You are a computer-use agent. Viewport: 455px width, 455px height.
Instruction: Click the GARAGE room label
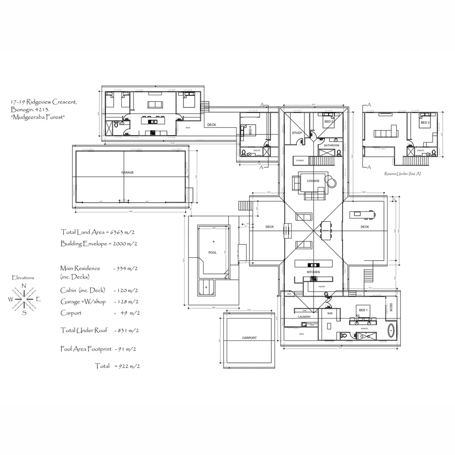(x=127, y=173)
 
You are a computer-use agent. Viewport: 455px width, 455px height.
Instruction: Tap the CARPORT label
(x=249, y=338)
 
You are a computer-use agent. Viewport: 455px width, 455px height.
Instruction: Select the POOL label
(x=212, y=253)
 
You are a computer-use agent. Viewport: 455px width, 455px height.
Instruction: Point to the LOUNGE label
(x=313, y=181)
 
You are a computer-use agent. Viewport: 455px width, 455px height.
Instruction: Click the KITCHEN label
(x=313, y=272)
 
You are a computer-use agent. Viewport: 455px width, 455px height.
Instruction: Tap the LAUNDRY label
(x=304, y=316)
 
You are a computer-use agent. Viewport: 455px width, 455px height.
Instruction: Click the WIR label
(x=330, y=314)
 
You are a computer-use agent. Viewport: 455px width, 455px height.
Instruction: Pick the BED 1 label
(x=363, y=310)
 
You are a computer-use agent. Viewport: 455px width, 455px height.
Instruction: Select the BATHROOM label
(x=332, y=145)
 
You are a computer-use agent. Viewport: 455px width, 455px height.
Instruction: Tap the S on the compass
(x=24, y=313)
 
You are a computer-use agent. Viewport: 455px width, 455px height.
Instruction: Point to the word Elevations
(x=23, y=278)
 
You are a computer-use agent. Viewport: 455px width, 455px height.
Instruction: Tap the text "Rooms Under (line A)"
(x=403, y=174)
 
